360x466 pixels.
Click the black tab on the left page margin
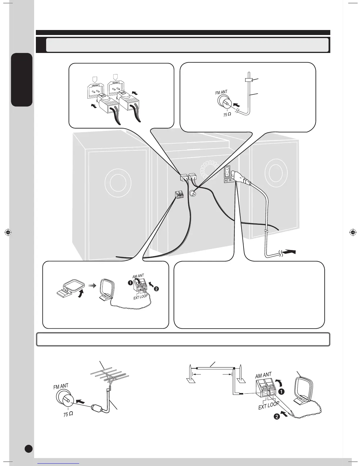click(x=21, y=80)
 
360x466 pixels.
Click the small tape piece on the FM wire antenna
click(x=249, y=80)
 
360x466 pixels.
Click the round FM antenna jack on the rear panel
click(x=193, y=194)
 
